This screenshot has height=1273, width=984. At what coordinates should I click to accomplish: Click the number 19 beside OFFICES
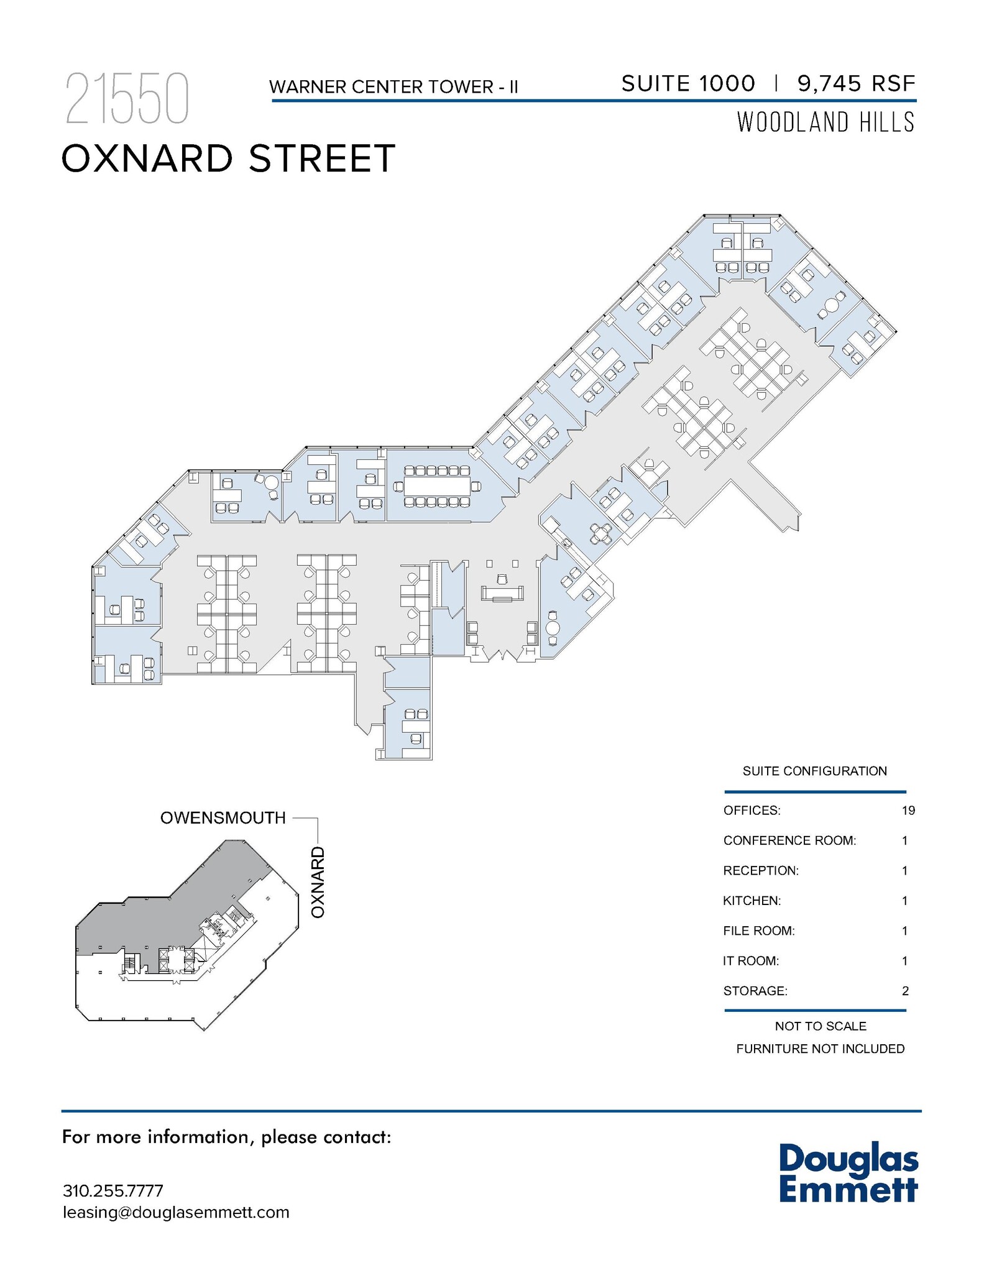[908, 811]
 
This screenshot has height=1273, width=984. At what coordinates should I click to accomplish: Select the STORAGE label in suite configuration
[755, 991]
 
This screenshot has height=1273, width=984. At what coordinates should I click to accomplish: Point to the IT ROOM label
[751, 961]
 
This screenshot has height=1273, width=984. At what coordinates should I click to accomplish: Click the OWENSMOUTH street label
[223, 818]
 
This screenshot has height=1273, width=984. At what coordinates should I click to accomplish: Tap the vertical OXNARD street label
[318, 881]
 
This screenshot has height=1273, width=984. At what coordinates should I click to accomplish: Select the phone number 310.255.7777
[113, 1191]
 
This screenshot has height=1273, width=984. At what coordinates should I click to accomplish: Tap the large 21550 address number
[127, 99]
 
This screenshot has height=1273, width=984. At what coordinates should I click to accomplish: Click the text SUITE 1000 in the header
[688, 83]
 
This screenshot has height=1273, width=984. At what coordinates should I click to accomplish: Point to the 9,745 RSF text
[857, 83]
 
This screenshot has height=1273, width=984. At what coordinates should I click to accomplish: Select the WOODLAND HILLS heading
[826, 122]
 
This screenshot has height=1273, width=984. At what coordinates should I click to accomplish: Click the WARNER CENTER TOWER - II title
[393, 87]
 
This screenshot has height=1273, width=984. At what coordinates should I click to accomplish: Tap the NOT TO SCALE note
[821, 1026]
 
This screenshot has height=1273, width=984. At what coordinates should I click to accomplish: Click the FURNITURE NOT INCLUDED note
[821, 1049]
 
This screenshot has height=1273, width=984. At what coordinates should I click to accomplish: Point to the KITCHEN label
[752, 901]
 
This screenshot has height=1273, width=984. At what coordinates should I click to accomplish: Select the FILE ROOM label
[759, 931]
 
